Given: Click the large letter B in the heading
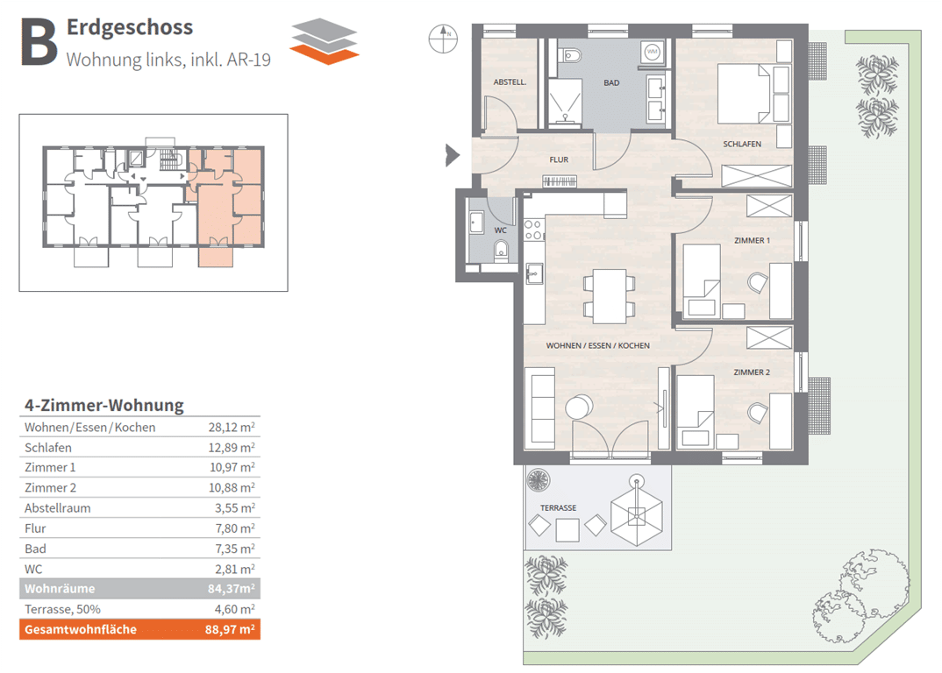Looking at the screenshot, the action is [x=39, y=41].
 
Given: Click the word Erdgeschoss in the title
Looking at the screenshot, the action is [x=130, y=28].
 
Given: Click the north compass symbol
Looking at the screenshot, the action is [x=443, y=39].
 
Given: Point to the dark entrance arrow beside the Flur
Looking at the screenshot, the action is [x=453, y=155].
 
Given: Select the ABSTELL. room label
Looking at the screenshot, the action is [x=510, y=81].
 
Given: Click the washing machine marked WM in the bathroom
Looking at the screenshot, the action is [x=653, y=53].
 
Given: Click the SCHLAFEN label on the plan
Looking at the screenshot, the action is [x=742, y=144].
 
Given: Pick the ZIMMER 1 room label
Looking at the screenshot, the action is [x=752, y=240].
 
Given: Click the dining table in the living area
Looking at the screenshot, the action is [x=610, y=296].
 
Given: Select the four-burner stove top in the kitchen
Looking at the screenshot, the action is [x=533, y=230].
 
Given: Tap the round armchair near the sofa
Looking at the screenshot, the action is [x=580, y=408].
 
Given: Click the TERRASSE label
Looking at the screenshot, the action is [x=558, y=508].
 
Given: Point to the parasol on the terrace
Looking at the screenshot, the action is [x=637, y=514].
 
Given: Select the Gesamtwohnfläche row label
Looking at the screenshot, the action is [x=81, y=630].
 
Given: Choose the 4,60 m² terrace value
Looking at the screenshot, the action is [x=235, y=609].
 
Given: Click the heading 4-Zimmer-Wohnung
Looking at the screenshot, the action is [x=103, y=405].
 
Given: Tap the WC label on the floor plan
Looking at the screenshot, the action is [x=501, y=230].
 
